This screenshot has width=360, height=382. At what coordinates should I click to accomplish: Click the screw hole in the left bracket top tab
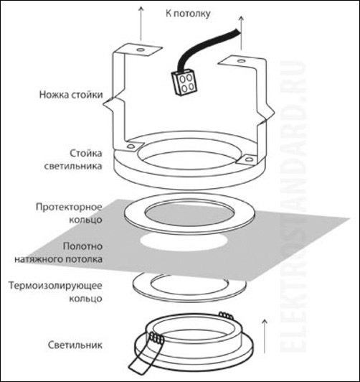(140, 50)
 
